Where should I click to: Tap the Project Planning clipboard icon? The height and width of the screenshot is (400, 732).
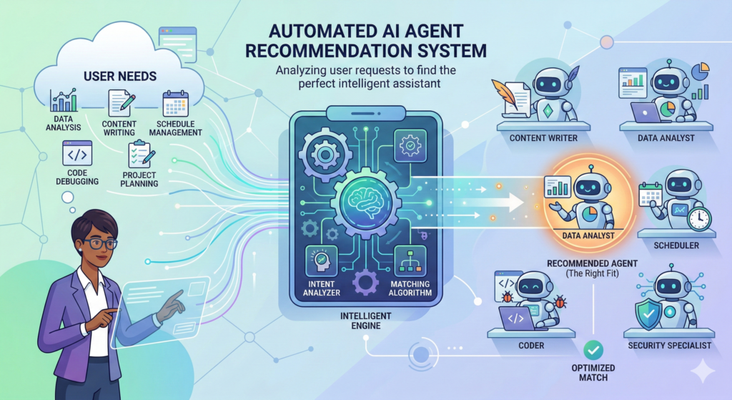click(138, 154)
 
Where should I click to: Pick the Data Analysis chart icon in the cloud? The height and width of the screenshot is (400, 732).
click(64, 102)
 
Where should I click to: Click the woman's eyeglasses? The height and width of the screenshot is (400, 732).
click(98, 243)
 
